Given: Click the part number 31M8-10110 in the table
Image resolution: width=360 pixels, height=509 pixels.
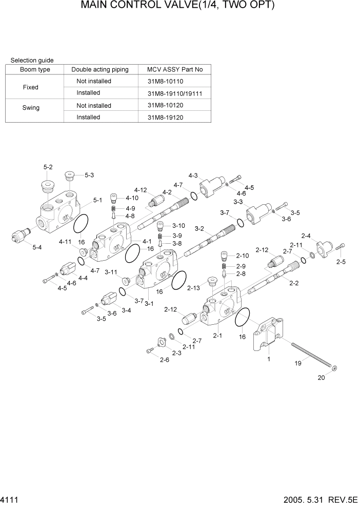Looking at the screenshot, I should pyautogui.click(x=165, y=81).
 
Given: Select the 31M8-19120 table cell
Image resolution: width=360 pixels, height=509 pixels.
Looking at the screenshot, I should pyautogui.click(x=165, y=118).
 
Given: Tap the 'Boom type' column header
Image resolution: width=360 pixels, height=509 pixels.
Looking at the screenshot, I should pyautogui.click(x=35, y=69).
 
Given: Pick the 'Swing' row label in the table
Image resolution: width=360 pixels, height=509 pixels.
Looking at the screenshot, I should pyautogui.click(x=31, y=108).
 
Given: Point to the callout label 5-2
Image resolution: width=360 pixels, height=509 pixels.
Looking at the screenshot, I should pyautogui.click(x=48, y=167).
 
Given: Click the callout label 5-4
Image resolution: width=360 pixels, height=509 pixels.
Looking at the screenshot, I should pyautogui.click(x=37, y=247).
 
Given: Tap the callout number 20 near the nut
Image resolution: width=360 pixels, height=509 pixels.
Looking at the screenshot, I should pyautogui.click(x=321, y=378).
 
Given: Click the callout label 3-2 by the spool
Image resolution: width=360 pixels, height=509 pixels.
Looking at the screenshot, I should pyautogui.click(x=199, y=228).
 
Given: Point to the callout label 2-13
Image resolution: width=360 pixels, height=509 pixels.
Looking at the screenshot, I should pyautogui.click(x=193, y=288).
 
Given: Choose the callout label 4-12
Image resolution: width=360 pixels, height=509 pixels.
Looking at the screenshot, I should pyautogui.click(x=141, y=190).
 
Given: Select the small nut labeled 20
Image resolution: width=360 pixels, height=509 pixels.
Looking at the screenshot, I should pyautogui.click(x=334, y=368).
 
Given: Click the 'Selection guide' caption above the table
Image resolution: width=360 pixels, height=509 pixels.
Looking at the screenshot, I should pyautogui.click(x=32, y=61).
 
